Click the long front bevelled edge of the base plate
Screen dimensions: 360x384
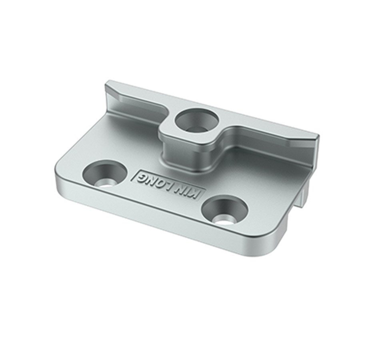(160, 218)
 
